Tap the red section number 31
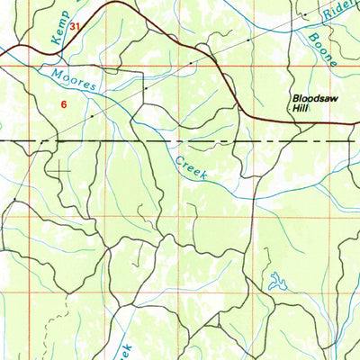point(76,28)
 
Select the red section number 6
point(64,104)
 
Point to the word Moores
point(75,82)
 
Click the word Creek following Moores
point(191,168)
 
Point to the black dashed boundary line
point(180,142)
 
